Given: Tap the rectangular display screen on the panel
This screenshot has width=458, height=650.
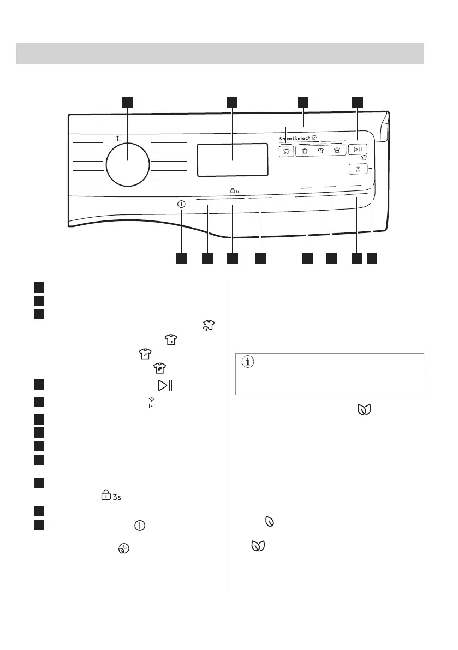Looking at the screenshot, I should coord(232,160).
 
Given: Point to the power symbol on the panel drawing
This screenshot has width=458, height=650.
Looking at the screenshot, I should coord(181,203).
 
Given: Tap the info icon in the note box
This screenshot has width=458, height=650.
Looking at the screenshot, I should coord(249,362).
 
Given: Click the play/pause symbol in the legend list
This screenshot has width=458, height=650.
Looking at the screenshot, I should coord(164,386).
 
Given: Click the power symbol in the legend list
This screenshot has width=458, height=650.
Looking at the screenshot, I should coord(140,526).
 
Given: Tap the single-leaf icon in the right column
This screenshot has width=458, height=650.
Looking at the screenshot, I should coord(269,522).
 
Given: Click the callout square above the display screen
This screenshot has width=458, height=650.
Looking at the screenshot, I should coord(232,103).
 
